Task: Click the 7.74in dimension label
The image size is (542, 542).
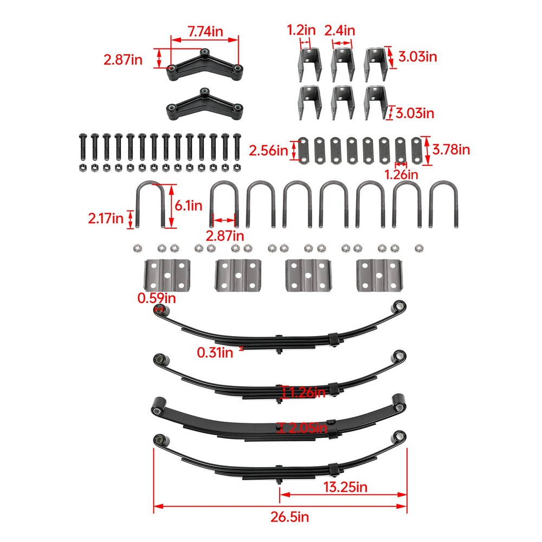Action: pos(205,31)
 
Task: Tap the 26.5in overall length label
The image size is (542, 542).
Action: pos(280,517)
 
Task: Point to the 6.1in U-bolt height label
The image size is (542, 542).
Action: pos(189,205)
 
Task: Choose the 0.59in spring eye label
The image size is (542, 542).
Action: pos(156,298)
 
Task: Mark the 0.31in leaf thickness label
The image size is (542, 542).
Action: pos(215,353)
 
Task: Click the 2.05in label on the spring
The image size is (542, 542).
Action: pos(308,428)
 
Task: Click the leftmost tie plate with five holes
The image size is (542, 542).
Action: pos(166,276)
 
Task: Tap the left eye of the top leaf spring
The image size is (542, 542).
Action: pos(160,311)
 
